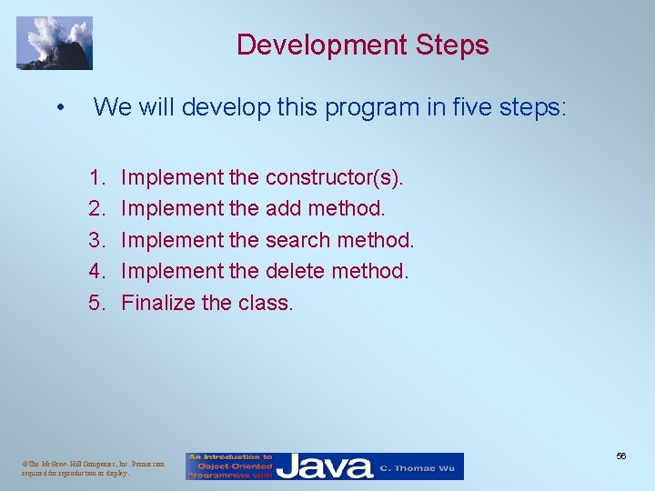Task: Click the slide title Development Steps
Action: (x=362, y=45)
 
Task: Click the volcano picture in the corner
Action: (x=55, y=43)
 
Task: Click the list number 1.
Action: (x=96, y=177)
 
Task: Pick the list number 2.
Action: (x=96, y=208)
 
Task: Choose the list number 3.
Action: (x=96, y=240)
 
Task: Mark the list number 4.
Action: (x=96, y=271)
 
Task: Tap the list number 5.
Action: (x=96, y=303)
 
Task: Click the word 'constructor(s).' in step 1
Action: (x=334, y=177)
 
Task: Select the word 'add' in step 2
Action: (x=283, y=208)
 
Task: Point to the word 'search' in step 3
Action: (x=297, y=240)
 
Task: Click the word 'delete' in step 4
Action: (x=295, y=271)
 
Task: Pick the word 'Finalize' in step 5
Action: (x=157, y=303)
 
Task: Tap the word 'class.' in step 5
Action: (x=265, y=303)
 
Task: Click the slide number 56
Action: (x=620, y=456)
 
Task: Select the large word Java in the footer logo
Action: (x=325, y=466)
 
